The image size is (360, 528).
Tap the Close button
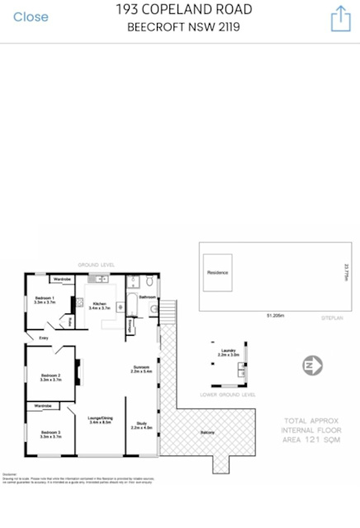click(x=31, y=16)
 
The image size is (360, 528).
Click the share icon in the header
click(x=341, y=18)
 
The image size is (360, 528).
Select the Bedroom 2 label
click(x=51, y=378)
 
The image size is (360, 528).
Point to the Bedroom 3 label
click(x=51, y=433)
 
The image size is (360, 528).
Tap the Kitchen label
click(x=99, y=304)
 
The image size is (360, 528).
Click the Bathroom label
click(x=147, y=296)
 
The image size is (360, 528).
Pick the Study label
click(x=142, y=426)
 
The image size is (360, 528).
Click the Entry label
click(x=44, y=337)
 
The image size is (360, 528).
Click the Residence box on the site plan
click(x=217, y=272)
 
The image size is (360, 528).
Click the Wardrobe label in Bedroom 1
click(x=62, y=280)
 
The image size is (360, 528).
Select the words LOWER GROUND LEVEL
click(x=228, y=394)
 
